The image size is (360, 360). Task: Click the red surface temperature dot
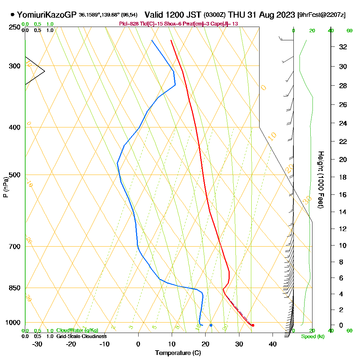253,325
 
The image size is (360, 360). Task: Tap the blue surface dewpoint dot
211,325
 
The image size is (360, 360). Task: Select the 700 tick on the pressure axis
15,246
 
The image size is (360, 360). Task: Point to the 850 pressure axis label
15,288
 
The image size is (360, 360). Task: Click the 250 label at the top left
15,27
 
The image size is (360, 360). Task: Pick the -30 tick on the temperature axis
37,344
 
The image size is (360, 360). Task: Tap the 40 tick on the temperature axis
273,344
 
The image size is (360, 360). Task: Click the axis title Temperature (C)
178,353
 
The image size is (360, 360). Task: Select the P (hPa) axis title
5,187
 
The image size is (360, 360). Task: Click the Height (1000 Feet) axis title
320,179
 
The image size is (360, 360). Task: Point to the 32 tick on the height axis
343,46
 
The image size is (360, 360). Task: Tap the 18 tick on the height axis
343,177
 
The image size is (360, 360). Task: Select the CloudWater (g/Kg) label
77,330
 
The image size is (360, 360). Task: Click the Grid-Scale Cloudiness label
81,336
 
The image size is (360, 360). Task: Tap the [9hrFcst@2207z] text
321,15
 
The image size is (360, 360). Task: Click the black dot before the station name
13,15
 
